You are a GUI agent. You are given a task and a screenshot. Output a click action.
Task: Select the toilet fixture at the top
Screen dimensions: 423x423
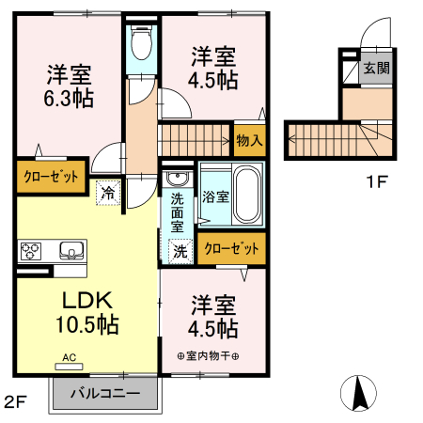pyautogui.click(x=143, y=42)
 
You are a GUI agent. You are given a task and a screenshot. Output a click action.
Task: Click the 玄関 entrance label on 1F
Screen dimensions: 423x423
pyautogui.click(x=376, y=69)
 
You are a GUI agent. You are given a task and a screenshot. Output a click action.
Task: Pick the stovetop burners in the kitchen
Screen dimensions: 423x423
pyautogui.click(x=30, y=250)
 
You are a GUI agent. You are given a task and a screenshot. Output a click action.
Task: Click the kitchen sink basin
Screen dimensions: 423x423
pyautogui.click(x=70, y=250)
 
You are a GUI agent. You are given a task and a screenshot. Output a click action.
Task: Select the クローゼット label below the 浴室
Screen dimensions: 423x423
pyautogui.click(x=231, y=248)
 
